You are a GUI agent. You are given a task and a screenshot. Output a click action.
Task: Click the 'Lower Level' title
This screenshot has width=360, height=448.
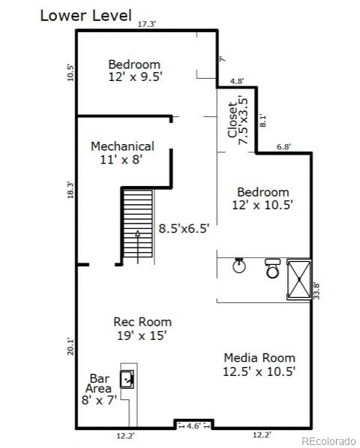tap(85, 15)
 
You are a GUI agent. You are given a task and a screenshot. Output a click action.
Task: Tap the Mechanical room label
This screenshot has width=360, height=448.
tap(122, 152)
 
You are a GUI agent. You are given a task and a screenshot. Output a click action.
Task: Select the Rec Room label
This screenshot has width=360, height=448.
tap(142, 329)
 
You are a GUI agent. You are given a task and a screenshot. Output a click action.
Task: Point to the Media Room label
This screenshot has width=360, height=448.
tap(259, 364)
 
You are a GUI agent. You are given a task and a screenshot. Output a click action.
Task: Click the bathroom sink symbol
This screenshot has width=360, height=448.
tap(239, 266)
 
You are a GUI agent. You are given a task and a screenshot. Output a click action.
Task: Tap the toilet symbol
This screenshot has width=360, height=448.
tap(272, 268)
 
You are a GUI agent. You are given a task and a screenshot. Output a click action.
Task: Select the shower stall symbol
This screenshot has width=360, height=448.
tap(298, 279)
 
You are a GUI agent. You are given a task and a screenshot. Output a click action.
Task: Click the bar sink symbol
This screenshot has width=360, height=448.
tap(129, 379)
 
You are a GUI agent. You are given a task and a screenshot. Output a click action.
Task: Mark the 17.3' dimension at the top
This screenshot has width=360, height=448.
tap(146, 24)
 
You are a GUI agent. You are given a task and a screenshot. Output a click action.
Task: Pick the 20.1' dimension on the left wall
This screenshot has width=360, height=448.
tap(70, 346)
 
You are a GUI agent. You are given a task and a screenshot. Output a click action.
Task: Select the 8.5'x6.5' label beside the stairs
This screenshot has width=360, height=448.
tap(183, 229)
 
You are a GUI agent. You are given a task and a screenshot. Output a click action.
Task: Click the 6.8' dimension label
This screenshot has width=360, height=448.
tap(284, 147)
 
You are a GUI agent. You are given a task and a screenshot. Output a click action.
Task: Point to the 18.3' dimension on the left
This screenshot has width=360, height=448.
tap(70, 190)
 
